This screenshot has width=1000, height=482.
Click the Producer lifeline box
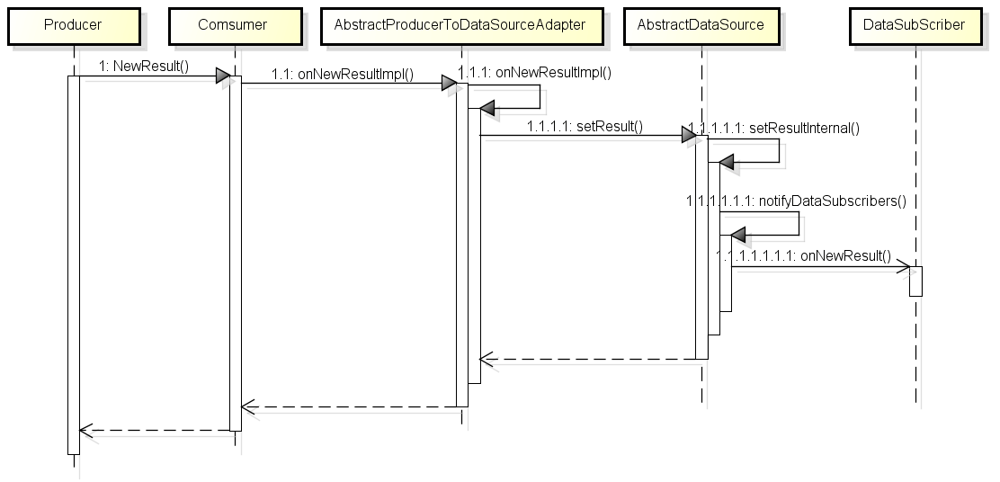pos(73,25)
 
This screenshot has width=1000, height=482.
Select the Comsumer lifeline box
pos(233,25)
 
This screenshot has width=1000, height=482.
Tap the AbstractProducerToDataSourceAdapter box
pos(460,25)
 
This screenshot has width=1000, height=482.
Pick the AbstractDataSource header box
pos(700,25)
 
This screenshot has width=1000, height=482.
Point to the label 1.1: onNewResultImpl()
pos(343,75)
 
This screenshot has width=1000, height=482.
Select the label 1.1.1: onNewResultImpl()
pos(534,74)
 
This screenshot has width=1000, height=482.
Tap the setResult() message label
pos(585,127)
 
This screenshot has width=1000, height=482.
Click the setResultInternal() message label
pos(773,128)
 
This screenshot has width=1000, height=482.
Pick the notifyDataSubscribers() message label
pos(795,201)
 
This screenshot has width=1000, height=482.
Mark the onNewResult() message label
pos(804,255)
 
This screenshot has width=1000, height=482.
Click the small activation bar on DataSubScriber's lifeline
pos(915,281)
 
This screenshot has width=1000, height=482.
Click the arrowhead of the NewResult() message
pos(222,76)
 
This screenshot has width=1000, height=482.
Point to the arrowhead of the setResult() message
pos(688,136)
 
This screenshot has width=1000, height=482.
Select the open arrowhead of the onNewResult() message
pos(903,266)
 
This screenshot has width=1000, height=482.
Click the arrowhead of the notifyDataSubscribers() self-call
pos(737,235)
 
